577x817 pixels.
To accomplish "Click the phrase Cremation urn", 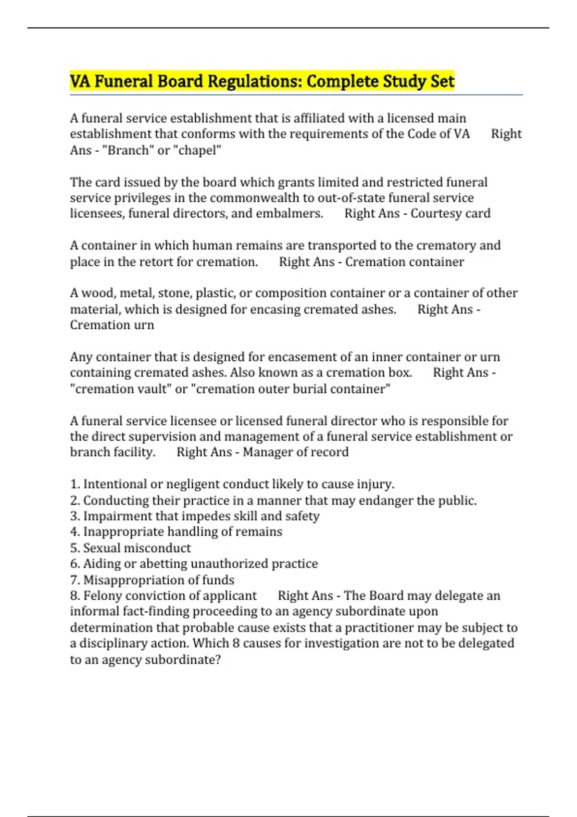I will (x=112, y=325).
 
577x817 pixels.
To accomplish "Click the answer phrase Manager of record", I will (x=295, y=452).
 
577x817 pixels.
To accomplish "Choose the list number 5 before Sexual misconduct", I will (x=74, y=548).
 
